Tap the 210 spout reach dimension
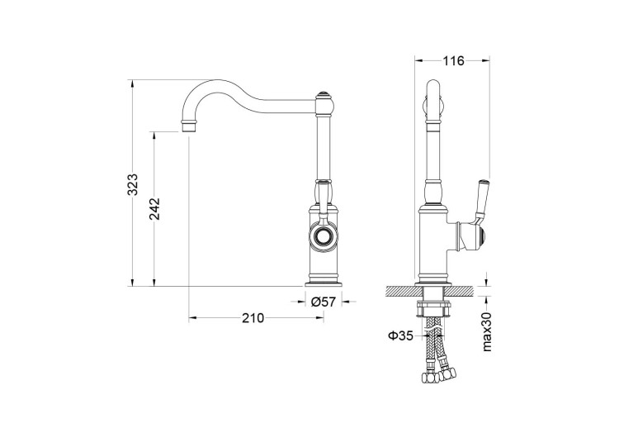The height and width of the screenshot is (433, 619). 253,318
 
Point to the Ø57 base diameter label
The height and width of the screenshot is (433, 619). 324,302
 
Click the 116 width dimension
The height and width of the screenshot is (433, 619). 452,60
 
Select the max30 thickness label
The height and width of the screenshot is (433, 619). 487,331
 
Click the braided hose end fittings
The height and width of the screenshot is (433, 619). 437,376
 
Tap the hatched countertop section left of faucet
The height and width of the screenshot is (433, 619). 402,290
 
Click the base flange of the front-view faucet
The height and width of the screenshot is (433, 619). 323,282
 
